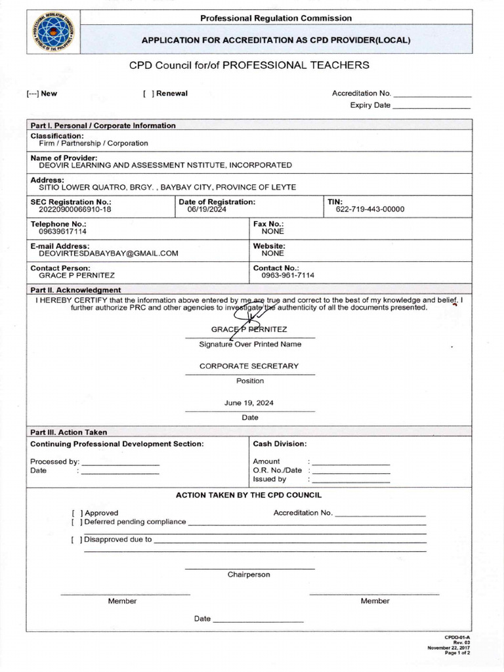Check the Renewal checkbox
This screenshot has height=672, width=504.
[x=148, y=93]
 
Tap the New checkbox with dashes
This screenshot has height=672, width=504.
[x=33, y=93]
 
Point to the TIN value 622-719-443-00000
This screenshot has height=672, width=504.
[x=370, y=209]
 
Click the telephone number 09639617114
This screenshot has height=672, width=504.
[x=62, y=232]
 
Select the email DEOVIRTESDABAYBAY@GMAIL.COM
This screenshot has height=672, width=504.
[x=108, y=253]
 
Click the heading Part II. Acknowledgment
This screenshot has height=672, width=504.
[x=75, y=290]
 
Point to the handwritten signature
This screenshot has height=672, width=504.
[x=249, y=320]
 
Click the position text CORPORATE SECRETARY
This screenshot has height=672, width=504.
[x=249, y=366]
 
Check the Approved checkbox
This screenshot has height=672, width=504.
[x=77, y=513]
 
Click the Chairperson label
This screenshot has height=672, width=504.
[x=249, y=575]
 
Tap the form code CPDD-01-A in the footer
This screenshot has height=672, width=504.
[x=457, y=637]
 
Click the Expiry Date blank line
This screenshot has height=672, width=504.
[x=431, y=106]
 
